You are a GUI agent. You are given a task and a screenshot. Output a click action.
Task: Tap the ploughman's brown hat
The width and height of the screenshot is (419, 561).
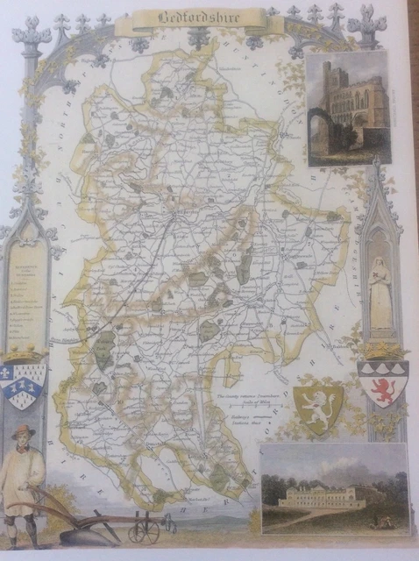pos(23,431)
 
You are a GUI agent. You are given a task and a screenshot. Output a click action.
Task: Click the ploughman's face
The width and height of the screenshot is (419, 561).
pos(23,440)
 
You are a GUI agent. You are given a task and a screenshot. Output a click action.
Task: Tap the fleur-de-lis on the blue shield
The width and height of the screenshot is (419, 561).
pos(15,376)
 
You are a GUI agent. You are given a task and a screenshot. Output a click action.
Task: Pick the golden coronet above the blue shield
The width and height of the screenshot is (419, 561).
pos(25,356)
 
